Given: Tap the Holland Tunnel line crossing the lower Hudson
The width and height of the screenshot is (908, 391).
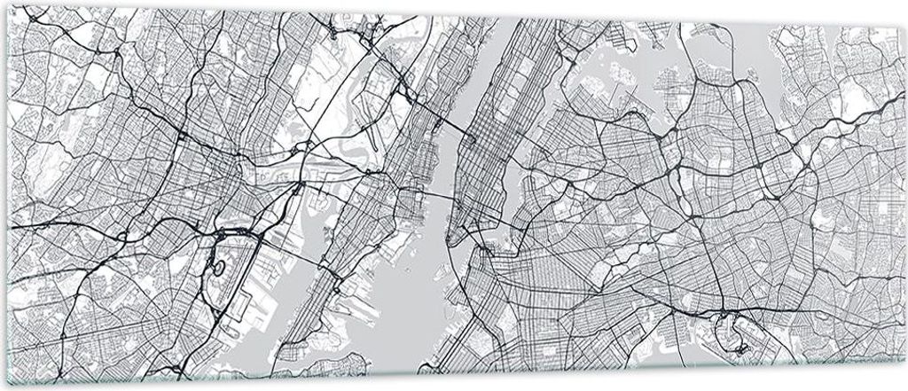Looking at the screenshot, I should click(x=432, y=206).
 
